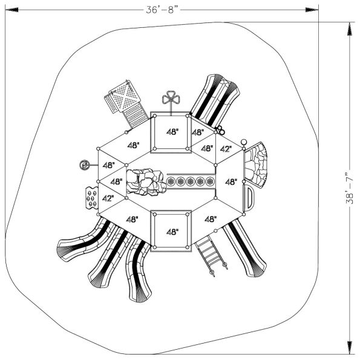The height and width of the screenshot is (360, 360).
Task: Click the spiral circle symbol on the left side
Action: tap(86, 164)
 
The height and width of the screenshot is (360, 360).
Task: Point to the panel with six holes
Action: tap(90, 197)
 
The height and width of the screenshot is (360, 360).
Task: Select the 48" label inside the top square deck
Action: tap(172, 132)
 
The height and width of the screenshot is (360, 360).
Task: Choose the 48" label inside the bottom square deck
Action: tap(172, 232)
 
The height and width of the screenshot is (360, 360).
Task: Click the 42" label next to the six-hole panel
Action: tap(108, 198)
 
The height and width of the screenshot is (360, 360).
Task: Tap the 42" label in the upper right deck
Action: tap(225, 149)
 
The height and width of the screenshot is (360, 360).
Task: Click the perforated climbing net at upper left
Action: tap(125, 101)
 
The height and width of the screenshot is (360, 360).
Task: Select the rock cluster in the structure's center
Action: tap(146, 182)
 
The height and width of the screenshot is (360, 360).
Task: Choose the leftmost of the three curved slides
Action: tap(81, 243)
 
